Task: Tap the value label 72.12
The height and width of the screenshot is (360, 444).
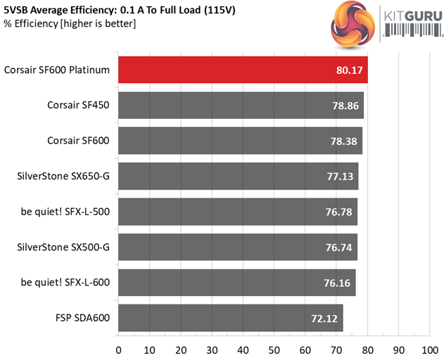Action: pos(325,318)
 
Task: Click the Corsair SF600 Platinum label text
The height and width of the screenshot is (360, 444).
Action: pos(57,70)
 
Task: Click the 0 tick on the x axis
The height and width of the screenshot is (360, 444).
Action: pos(118,348)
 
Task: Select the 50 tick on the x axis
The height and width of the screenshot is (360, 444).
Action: pos(274,348)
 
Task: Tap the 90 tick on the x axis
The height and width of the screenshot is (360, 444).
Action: pos(398,348)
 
